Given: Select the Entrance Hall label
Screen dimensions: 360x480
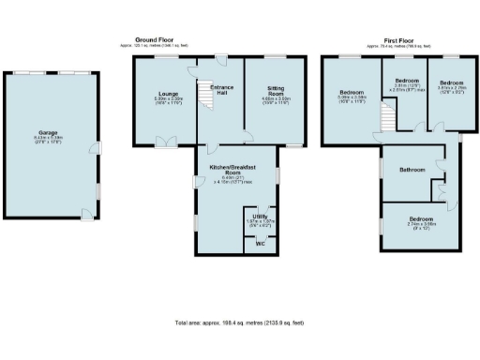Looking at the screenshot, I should click(x=221, y=88).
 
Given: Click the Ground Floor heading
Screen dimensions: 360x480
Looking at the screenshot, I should click(x=156, y=41).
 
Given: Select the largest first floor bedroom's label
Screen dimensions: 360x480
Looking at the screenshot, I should click(x=352, y=92).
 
